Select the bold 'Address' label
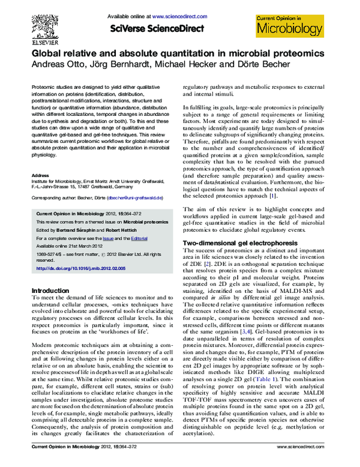click(x=40, y=175)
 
